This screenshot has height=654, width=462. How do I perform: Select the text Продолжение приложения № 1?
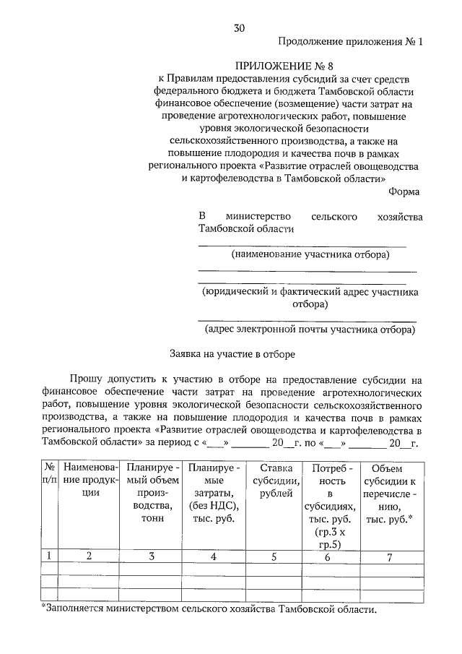point(349,42)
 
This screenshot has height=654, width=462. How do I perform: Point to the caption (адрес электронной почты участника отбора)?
point(310,330)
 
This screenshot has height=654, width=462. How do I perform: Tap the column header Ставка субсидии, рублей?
point(273,480)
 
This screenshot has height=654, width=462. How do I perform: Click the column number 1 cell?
point(49,556)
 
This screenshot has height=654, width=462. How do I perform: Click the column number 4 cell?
point(213,556)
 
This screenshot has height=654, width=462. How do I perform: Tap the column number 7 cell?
point(390,556)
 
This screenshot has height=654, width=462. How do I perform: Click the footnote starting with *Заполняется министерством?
point(209,609)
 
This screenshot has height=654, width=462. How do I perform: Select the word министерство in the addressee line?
point(258,216)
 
